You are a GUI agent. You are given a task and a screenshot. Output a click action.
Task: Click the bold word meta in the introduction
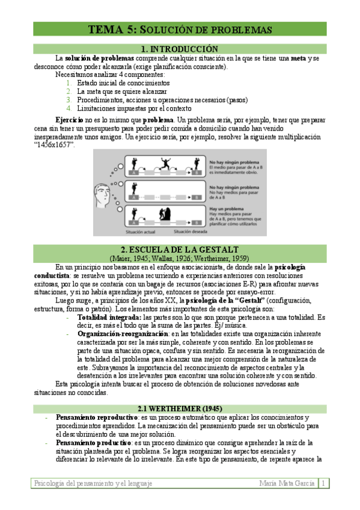(297, 58)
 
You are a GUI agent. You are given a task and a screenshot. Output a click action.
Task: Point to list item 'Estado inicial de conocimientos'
(123, 83)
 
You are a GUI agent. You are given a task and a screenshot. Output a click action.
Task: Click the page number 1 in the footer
(323, 483)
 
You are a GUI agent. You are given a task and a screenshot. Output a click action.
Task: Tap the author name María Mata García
(287, 483)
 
